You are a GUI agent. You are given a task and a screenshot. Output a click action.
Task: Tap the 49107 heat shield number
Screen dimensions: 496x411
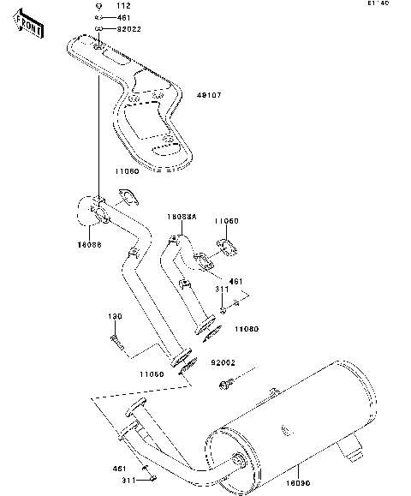pos(209,95)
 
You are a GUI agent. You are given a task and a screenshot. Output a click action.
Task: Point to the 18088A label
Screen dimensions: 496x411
pos(182,218)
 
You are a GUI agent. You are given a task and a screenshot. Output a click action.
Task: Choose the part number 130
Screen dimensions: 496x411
pos(114,317)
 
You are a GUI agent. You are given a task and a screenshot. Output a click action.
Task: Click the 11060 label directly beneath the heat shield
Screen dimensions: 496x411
pos(126,171)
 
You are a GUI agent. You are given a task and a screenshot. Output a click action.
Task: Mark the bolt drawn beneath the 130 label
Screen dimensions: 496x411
pos(118,344)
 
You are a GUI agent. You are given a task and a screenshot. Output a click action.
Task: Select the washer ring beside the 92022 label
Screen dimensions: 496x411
pos(100,28)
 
